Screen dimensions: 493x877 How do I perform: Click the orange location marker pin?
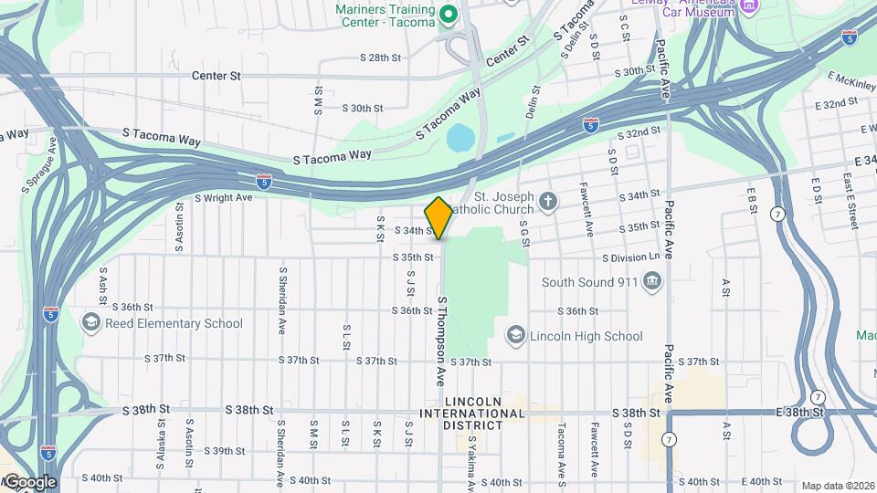(438, 218)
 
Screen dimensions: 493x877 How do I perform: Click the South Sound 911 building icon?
(652, 282)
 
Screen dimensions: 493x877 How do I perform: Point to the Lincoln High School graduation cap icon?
(515, 336)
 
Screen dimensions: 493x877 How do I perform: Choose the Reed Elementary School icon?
(90, 323)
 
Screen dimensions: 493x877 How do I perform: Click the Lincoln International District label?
(472, 414)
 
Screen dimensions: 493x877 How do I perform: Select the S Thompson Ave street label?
(440, 327)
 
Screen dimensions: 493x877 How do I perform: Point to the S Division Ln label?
(629, 257)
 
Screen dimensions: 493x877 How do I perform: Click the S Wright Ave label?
(223, 197)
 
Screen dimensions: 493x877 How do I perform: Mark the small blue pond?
(460, 138)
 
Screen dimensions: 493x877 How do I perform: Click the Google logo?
(30, 481)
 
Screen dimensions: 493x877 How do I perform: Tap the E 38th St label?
(799, 413)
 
